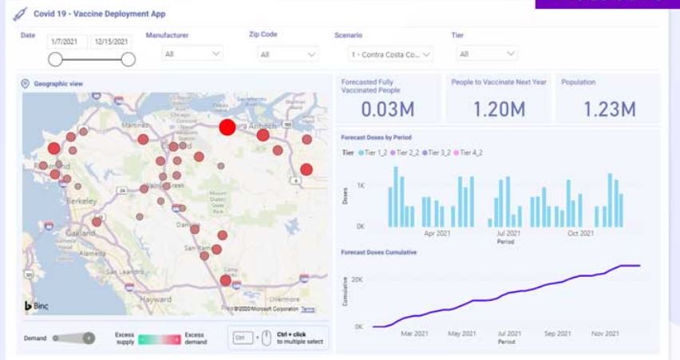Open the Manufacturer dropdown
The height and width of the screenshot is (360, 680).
(192, 54)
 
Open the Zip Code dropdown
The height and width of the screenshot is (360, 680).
(288, 54)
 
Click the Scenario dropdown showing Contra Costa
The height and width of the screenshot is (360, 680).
(390, 54)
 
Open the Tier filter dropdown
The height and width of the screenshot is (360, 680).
(488, 54)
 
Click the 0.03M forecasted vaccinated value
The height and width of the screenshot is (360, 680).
(389, 109)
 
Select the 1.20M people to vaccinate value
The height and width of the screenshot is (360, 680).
(496, 109)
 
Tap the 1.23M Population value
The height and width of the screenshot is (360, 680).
(608, 109)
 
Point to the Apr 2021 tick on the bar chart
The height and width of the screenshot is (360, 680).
(439, 234)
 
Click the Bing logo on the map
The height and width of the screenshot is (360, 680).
(37, 307)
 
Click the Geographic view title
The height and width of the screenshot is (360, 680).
(52, 83)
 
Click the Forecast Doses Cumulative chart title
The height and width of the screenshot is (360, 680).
(378, 252)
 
